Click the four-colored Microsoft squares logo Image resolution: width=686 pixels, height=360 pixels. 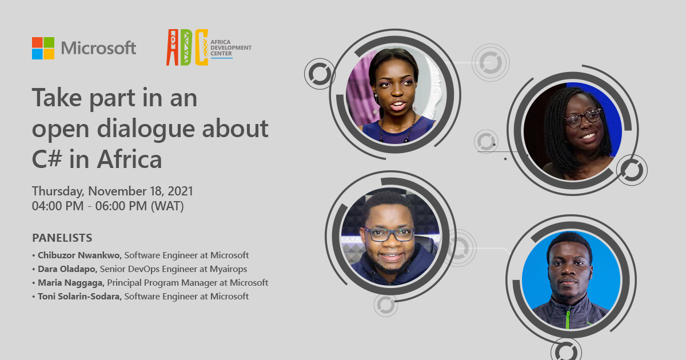coord(43,48)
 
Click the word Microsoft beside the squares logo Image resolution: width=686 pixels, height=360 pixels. coord(98,48)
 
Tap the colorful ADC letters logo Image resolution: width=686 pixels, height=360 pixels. coord(187,47)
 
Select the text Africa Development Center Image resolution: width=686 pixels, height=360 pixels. coord(230,48)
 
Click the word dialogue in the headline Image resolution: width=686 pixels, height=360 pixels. coord(146,129)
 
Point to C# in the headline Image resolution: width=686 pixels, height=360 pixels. coord(47,159)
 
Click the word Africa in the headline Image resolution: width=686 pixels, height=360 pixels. coord(129,159)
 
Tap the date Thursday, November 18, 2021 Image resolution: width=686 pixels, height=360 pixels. coord(113,191)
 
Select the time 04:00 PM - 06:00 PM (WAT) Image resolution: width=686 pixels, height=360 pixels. coord(108,206)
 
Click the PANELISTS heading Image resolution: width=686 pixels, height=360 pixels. coord(62,238)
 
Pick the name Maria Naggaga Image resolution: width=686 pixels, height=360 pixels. coord(71,282)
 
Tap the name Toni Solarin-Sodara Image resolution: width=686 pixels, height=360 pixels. coord(79,297)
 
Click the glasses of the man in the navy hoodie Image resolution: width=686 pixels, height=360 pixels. coord(389,234)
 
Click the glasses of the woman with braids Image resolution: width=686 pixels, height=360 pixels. coord(583,118)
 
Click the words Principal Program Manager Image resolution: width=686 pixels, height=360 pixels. coord(167,282)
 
